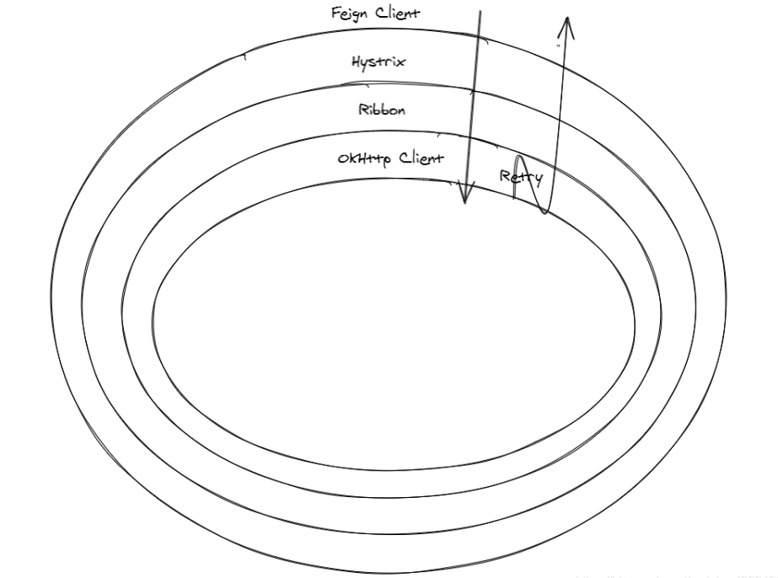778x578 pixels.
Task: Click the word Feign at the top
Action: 350,14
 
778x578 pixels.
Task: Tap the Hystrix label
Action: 378,62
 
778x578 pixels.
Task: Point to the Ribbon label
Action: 382,110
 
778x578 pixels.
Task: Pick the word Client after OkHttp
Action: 421,158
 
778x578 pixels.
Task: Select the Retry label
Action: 521,177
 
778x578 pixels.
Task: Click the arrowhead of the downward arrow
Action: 464,200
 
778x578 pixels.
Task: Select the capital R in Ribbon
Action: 363,110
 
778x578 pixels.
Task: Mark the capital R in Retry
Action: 505,175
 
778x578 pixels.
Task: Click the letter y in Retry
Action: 535,179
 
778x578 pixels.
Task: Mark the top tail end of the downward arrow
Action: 480,11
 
